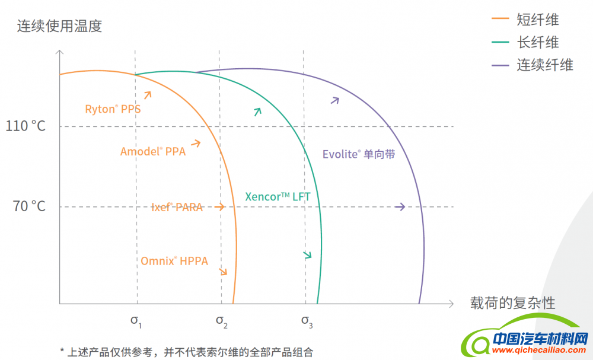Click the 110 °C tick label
click(x=25, y=126)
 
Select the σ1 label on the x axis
click(x=136, y=321)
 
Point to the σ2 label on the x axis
click(x=221, y=321)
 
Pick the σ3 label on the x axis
click(x=307, y=321)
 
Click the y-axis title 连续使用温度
click(x=60, y=26)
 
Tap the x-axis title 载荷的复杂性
click(x=513, y=303)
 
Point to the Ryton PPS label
click(x=113, y=109)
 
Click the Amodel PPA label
click(x=153, y=151)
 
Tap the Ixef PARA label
click(x=177, y=207)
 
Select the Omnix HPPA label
click(x=174, y=260)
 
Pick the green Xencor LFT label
click(x=278, y=197)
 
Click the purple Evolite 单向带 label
click(x=359, y=154)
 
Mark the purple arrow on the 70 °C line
click(x=400, y=206)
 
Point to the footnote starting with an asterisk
click(x=186, y=352)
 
